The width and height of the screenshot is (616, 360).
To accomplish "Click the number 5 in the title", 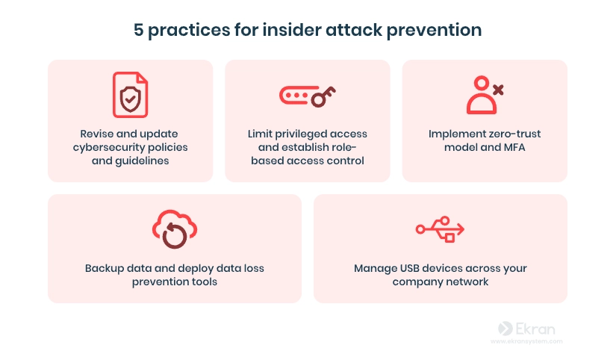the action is [x=138, y=30].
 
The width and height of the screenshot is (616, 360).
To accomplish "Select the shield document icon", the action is [x=131, y=95].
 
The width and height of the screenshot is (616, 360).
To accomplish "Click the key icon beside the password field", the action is [x=323, y=96].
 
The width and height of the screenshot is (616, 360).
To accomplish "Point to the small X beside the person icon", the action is [x=498, y=90].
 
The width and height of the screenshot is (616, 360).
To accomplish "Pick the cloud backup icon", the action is [x=175, y=229].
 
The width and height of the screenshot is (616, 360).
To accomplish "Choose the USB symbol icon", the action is [x=440, y=229].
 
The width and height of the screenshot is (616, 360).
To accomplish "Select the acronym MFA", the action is [x=514, y=147].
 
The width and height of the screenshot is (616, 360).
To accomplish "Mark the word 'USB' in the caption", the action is [x=410, y=268].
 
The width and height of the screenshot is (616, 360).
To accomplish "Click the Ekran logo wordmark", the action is [x=527, y=329].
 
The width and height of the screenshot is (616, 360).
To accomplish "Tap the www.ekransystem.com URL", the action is [x=526, y=341].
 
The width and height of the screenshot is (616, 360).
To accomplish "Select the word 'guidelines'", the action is [x=141, y=161].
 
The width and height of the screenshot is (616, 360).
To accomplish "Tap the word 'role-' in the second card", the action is [x=343, y=147].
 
